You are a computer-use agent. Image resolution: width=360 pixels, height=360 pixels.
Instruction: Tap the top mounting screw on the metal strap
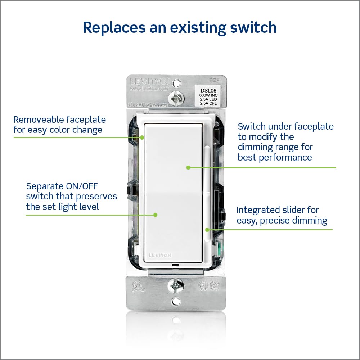176,98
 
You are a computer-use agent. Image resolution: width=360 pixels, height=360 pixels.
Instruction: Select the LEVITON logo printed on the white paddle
158,255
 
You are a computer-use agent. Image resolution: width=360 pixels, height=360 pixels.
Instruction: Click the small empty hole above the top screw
176,84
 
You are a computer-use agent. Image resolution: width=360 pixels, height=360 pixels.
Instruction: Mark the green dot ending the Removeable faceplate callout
142,137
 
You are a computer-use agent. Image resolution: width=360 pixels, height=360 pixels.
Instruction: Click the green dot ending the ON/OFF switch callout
155,215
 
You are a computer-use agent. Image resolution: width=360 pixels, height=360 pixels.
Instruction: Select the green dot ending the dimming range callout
188,167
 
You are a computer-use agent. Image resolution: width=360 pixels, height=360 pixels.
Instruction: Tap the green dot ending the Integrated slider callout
207,229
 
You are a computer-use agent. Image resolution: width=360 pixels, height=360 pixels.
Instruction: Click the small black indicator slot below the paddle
175,265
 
